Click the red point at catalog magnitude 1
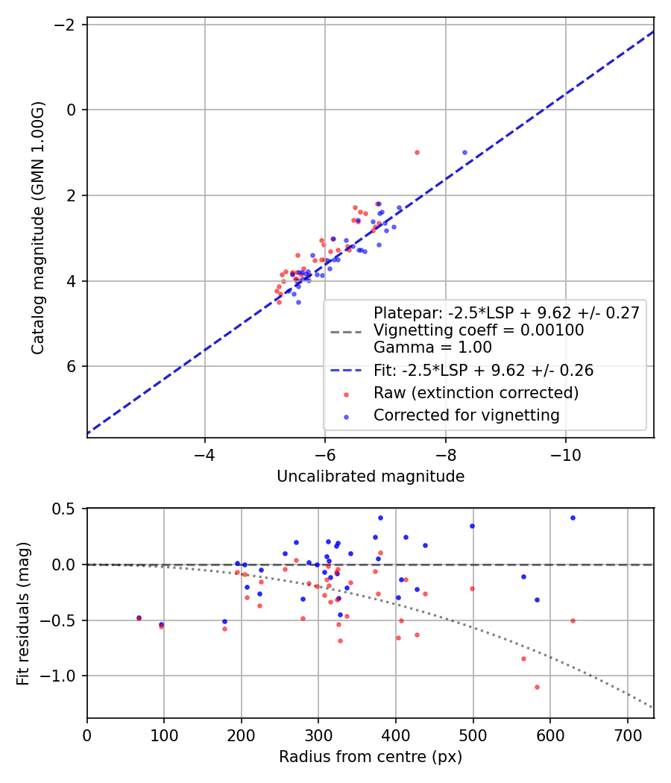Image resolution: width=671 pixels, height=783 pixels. [417, 152]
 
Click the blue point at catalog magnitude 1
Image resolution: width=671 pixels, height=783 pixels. [464, 152]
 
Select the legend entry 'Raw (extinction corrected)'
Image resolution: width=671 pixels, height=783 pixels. [476, 393]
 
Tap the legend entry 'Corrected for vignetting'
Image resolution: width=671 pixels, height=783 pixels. [466, 415]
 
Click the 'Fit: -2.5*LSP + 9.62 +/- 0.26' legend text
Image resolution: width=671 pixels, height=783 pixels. [483, 371]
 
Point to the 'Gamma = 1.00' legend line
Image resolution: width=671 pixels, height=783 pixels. [432, 347]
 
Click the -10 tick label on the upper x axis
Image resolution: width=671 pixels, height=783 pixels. [566, 455]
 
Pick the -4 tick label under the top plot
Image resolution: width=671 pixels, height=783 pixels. [205, 455]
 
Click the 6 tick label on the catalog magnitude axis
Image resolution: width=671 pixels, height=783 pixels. [72, 366]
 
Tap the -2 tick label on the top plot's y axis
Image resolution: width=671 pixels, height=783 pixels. [65, 24]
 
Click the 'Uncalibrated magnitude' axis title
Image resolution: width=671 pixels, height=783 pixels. [371, 477]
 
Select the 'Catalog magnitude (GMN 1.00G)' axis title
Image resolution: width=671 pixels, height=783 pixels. [38, 228]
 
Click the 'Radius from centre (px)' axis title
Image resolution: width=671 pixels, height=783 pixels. [371, 757]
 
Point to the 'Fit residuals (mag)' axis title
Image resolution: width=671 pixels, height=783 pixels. [23, 614]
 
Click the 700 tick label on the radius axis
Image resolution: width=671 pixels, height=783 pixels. [628, 735]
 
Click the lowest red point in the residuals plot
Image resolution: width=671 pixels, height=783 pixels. [538, 687]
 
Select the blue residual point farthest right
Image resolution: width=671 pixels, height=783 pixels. [573, 518]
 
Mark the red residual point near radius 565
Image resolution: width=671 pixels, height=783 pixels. [523, 658]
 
